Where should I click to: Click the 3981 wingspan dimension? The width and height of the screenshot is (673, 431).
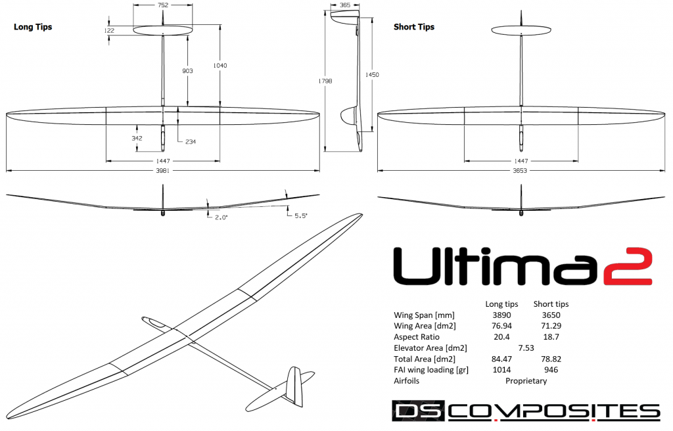pyautogui.click(x=162, y=171)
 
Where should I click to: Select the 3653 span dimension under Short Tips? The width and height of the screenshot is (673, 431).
pyautogui.click(x=521, y=171)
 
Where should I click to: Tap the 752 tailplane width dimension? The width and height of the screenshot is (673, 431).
pyautogui.click(x=162, y=5)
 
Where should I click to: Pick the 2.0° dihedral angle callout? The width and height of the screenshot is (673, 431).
pyautogui.click(x=221, y=217)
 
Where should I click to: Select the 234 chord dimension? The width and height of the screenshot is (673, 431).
pyautogui.click(x=190, y=141)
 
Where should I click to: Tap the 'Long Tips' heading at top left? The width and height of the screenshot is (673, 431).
pyautogui.click(x=33, y=27)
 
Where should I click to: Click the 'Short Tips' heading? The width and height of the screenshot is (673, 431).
pyautogui.click(x=413, y=27)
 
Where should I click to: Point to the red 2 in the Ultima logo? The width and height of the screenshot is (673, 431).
pyautogui.click(x=630, y=267)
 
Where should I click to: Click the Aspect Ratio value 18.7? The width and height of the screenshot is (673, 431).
pyautogui.click(x=551, y=337)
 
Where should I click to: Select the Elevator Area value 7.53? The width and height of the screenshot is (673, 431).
pyautogui.click(x=526, y=348)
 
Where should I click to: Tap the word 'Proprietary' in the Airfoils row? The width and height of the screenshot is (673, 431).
pyautogui.click(x=526, y=380)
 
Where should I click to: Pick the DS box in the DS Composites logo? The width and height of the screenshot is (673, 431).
pyautogui.click(x=419, y=412)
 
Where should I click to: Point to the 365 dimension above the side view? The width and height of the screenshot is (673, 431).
pyautogui.click(x=344, y=5)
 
